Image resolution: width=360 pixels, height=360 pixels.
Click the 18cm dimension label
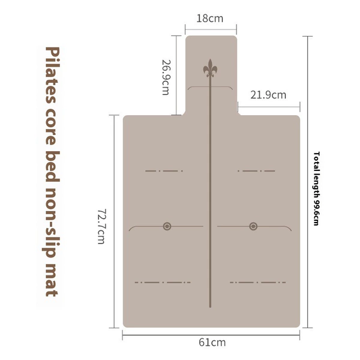click(210, 19)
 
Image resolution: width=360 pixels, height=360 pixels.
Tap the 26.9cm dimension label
click(166, 77)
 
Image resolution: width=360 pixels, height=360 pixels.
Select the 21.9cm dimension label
click(268, 95)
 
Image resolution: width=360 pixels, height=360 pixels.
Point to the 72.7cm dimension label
click(101, 226)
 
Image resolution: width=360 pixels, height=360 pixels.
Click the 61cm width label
click(212, 343)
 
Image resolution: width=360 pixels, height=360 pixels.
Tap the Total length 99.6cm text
click(316, 188)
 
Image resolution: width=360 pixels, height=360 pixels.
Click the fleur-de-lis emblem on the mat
click(210, 68)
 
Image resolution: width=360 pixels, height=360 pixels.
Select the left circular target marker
click(167, 226)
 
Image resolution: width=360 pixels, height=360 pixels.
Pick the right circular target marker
click(253, 226)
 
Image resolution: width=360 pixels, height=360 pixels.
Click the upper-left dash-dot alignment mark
click(164, 171)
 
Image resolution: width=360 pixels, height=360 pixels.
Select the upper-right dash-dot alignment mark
click(256, 171)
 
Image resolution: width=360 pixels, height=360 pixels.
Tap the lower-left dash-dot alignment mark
click(163, 282)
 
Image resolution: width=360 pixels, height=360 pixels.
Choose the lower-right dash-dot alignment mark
click(258, 282)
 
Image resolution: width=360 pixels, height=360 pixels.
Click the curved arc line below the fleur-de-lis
click(210, 87)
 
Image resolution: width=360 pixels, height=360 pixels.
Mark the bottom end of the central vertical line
click(210, 307)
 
